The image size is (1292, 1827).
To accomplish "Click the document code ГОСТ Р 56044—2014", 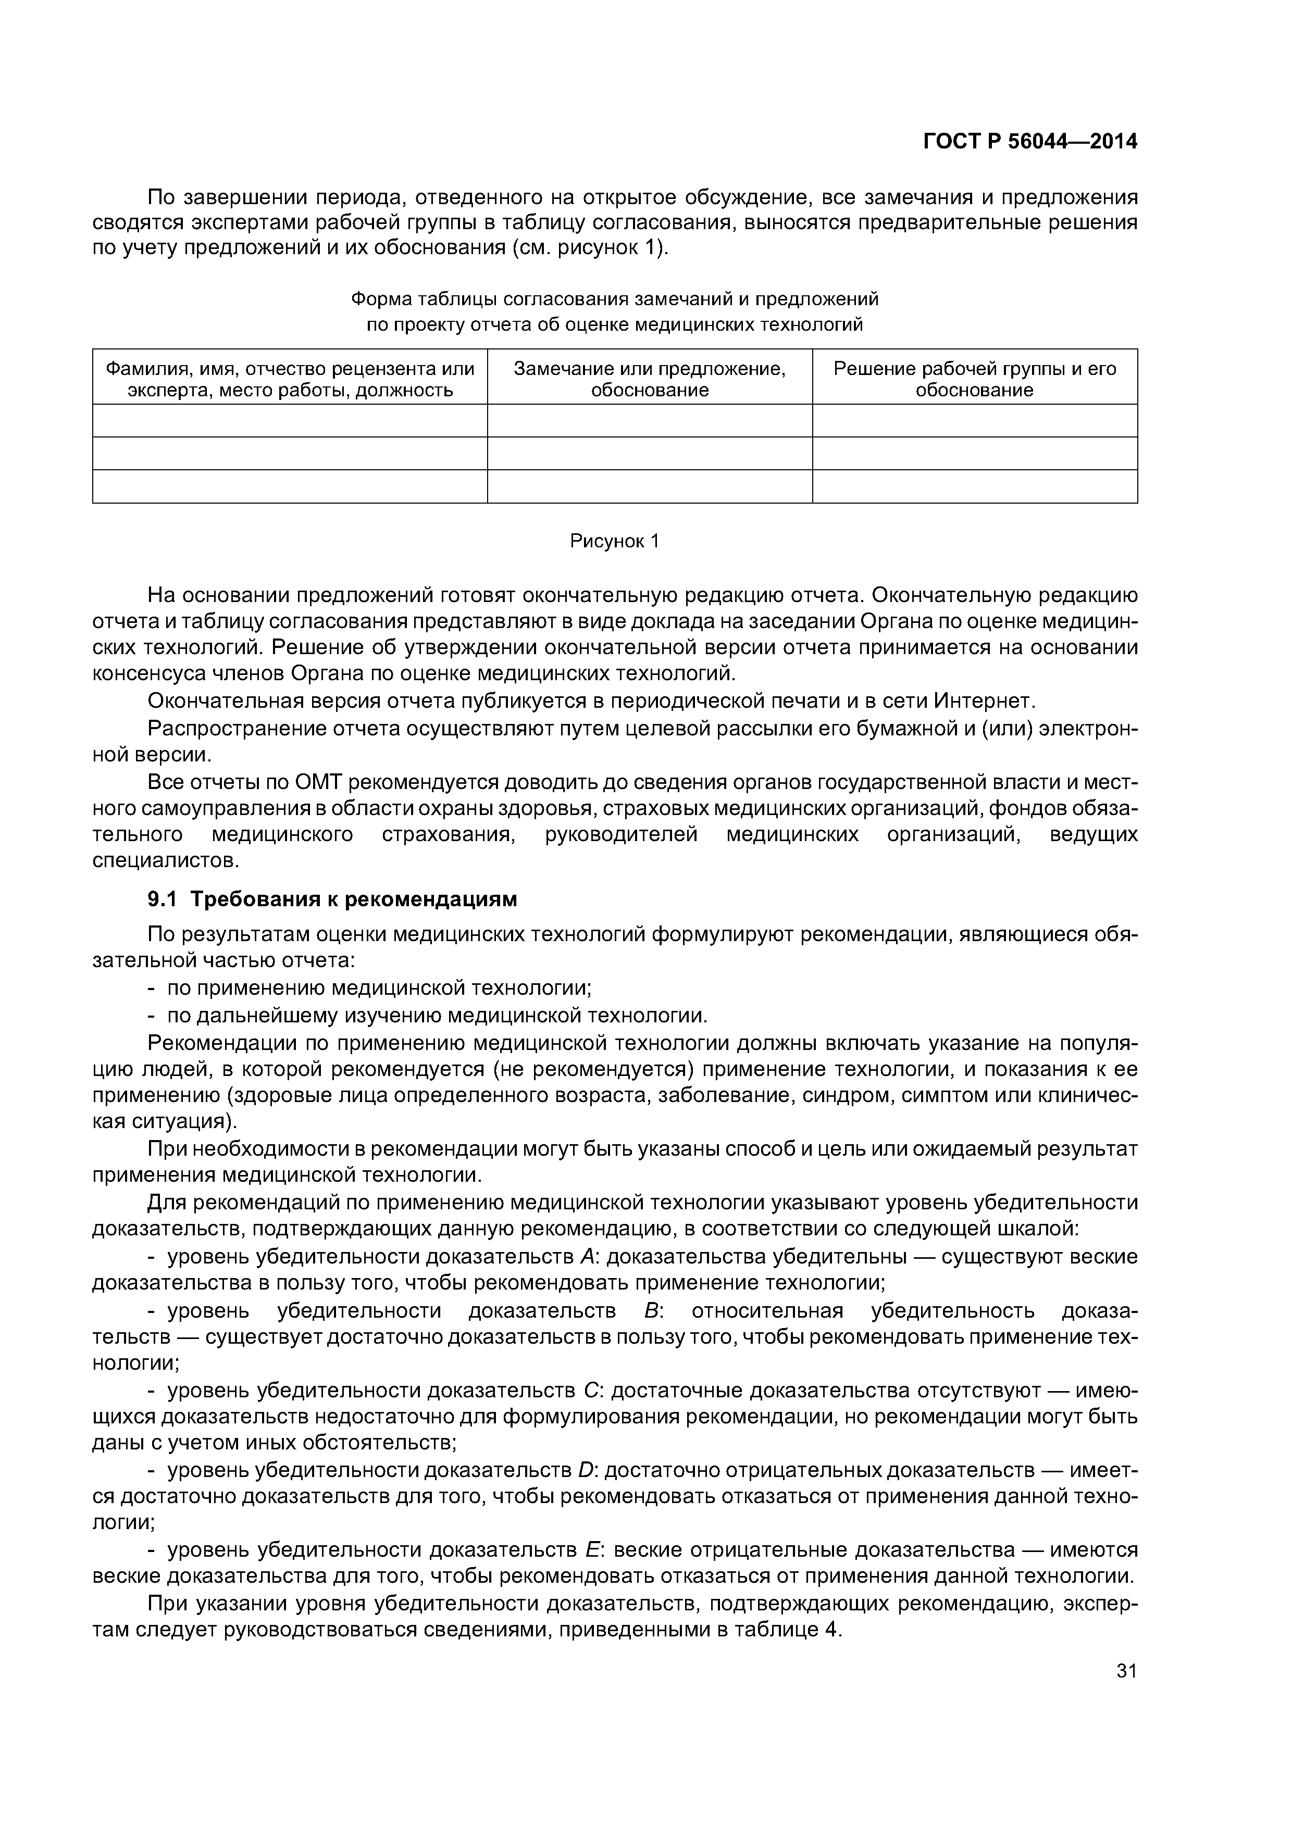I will coord(1029,142).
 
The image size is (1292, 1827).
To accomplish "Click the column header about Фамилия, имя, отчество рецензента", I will coord(290,379).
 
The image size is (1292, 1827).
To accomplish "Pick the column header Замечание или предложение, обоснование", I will coord(650,379).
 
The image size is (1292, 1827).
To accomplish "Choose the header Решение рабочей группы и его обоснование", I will coord(974,379).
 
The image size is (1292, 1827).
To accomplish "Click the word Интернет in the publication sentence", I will coord(983,701).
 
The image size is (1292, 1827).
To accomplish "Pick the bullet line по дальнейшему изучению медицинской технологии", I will coord(436,1016).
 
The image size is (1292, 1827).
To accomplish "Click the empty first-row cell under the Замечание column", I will coord(650,420).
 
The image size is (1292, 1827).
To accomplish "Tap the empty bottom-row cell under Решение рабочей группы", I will coord(974,486).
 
